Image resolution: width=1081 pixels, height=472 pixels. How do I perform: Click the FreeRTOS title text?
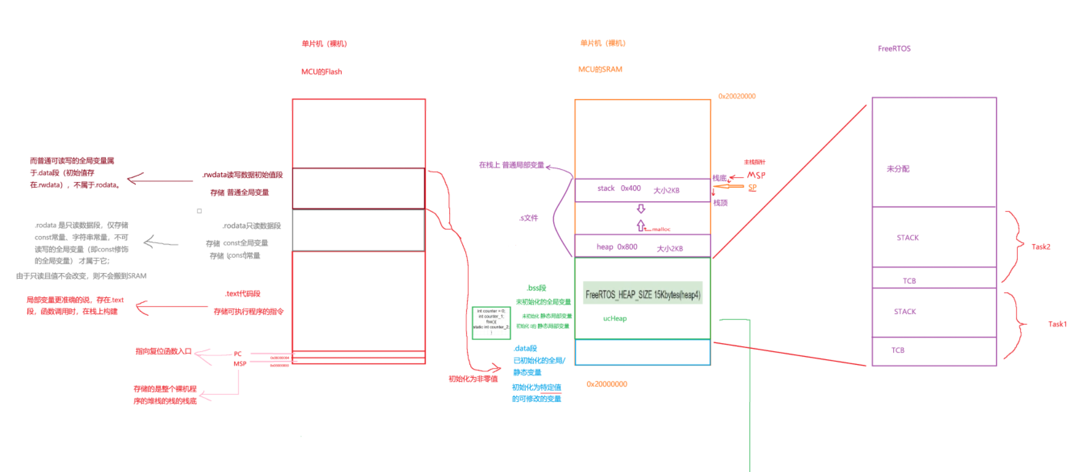[894, 48]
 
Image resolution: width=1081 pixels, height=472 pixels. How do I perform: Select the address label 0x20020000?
[737, 96]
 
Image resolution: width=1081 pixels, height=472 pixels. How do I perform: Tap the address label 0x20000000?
[606, 384]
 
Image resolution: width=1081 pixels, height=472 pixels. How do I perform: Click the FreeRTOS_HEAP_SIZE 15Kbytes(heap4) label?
[642, 295]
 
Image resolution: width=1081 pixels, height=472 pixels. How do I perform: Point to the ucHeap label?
[615, 318]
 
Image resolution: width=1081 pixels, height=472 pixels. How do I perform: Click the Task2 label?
[1041, 247]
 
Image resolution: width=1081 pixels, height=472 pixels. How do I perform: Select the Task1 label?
[1057, 324]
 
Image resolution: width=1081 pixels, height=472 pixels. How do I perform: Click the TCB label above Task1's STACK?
[909, 281]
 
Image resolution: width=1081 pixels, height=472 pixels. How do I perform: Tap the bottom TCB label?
[898, 350]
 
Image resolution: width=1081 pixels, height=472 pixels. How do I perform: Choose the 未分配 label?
[898, 168]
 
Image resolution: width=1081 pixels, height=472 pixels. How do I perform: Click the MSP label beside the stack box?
[756, 175]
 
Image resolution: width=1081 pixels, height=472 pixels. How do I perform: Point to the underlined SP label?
[752, 187]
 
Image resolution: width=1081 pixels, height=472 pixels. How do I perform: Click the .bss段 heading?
[536, 288]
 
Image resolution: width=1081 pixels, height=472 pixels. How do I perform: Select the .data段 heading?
[525, 349]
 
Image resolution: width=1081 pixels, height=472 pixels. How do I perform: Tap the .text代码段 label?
[242, 294]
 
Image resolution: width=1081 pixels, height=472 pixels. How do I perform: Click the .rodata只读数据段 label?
[252, 225]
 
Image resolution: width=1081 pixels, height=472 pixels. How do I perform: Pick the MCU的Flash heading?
[322, 72]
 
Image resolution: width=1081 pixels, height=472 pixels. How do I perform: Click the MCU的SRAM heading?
[600, 69]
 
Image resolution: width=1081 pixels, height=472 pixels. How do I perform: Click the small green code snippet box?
[491, 323]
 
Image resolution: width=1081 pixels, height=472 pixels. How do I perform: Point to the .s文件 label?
[528, 218]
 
